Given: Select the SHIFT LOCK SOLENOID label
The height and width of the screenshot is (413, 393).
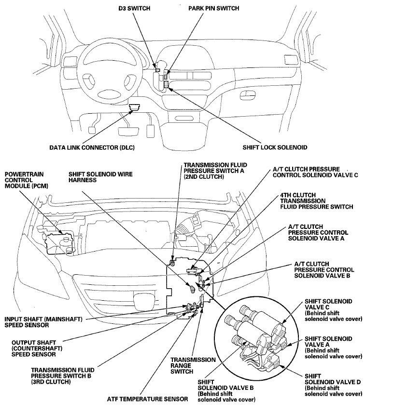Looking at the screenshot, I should [x=275, y=147].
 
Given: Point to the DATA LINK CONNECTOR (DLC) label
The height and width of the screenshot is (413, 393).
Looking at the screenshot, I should [x=90, y=147].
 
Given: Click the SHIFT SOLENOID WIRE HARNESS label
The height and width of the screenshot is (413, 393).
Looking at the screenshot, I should [x=100, y=177].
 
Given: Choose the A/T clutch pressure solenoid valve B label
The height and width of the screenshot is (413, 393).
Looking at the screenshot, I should [x=324, y=270].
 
